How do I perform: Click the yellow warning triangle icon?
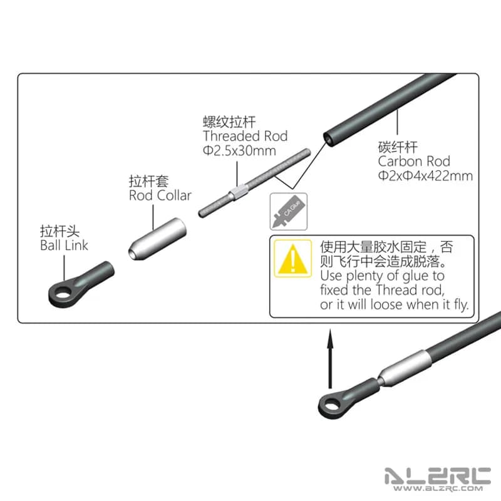coord(291,259)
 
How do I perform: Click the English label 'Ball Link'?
coord(64,245)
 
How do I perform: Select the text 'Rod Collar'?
coord(160,195)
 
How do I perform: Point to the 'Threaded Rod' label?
coord(245,136)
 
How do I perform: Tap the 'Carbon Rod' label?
coord(414,161)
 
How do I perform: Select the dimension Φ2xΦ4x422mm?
coord(425,175)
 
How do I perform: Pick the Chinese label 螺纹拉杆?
coord(224,121)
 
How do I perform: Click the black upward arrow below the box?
coord(329,361)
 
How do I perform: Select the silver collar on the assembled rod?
coord(406,368)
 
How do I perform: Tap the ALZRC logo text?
coord(436,476)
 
